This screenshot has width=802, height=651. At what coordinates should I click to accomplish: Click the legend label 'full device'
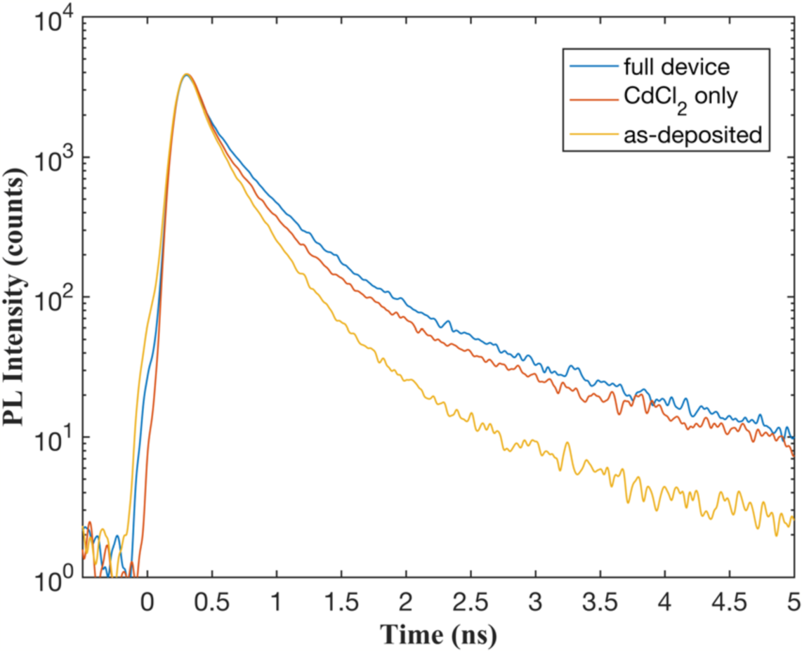click(x=677, y=67)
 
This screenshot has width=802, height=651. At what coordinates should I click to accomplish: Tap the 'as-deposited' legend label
click(x=692, y=135)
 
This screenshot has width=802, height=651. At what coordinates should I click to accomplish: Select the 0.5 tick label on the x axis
click(x=211, y=603)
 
